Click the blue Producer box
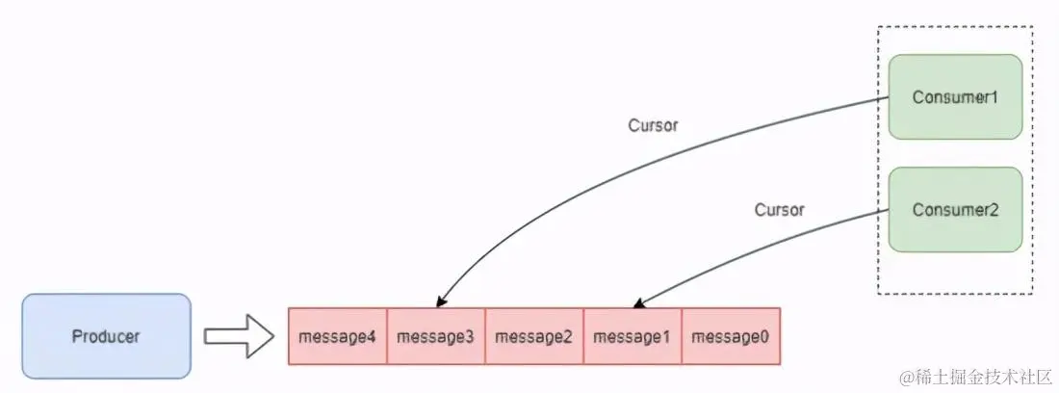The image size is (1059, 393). (106, 336)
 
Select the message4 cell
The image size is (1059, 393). (338, 337)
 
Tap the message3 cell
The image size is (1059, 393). (436, 337)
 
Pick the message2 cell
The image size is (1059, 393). (534, 337)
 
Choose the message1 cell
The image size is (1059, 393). (633, 337)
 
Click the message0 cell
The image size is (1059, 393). (731, 337)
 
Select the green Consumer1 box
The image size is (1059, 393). (955, 96)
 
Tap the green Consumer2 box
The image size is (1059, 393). (955, 210)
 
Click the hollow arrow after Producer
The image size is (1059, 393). (241, 337)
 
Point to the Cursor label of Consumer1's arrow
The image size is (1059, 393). (654, 125)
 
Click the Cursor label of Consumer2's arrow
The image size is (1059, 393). (779, 209)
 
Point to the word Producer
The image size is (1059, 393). (106, 336)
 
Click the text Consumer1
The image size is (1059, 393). (955, 97)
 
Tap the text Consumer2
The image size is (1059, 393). (955, 210)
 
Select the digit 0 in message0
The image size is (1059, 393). (765, 337)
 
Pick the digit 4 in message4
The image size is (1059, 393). (373, 337)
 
